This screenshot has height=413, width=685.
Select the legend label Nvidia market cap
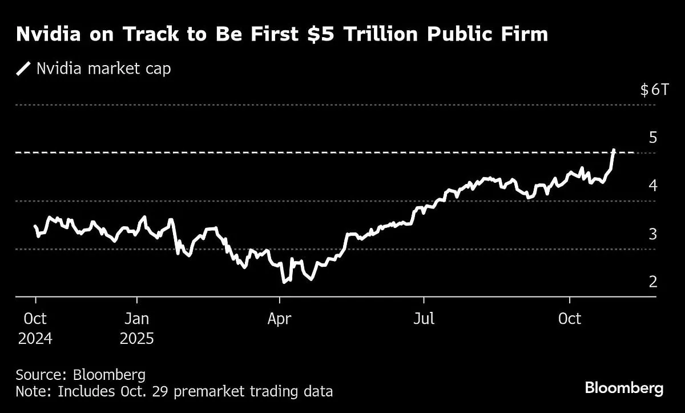click(103, 69)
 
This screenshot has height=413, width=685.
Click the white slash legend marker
click(24, 69)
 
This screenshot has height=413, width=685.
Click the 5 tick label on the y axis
click(653, 138)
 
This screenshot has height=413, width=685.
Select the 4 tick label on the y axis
click(653, 186)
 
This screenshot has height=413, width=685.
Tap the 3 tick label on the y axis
click(653, 234)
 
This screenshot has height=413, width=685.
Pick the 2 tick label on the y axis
click(653, 282)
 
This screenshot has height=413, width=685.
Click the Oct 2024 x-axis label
click(35, 328)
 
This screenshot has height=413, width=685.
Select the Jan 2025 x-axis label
click(137, 328)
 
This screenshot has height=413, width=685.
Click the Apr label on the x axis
click(279, 318)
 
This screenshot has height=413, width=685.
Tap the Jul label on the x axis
click(424, 318)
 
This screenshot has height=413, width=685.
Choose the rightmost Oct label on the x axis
click(569, 318)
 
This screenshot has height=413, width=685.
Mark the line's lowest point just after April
click(284, 282)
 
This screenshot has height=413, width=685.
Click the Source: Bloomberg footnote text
click(80, 375)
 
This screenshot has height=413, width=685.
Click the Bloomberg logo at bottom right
click(624, 388)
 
